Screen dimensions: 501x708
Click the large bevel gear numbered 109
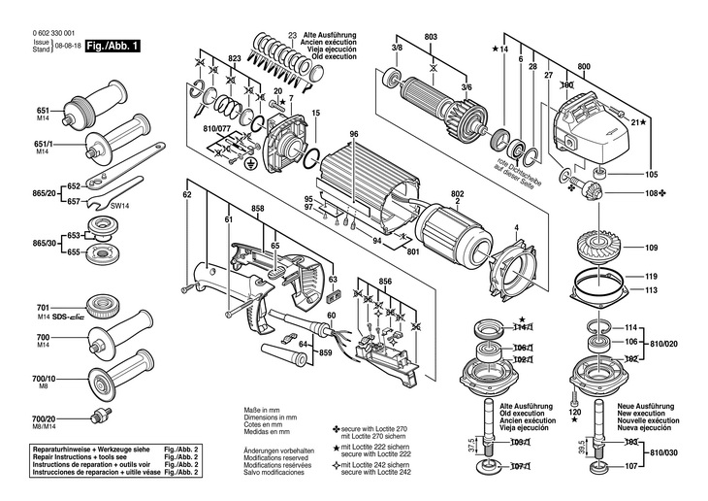coord(609,245)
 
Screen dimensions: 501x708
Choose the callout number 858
coord(258,210)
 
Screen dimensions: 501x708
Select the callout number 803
coord(431,37)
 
